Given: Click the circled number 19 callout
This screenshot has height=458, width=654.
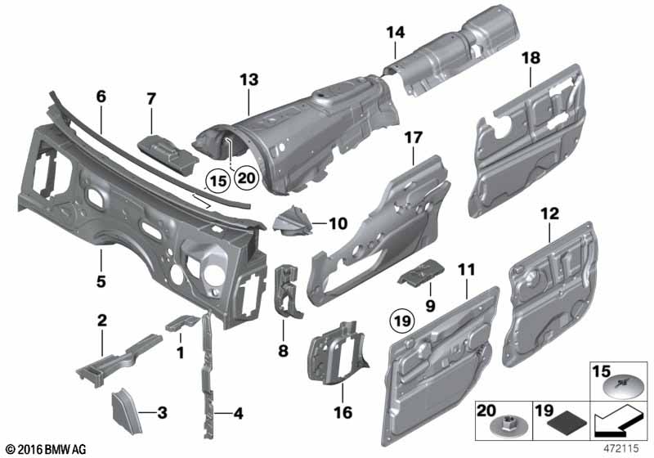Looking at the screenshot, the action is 402,321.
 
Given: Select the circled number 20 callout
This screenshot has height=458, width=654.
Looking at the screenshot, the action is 247,177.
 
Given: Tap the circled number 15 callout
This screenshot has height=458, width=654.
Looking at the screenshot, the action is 218,181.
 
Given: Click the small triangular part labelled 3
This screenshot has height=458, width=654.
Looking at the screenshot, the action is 127,411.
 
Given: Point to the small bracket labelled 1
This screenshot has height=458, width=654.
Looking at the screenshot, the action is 182,322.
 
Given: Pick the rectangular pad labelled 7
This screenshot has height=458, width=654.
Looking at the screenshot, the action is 168,154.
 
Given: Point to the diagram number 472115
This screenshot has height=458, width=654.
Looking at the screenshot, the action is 621,448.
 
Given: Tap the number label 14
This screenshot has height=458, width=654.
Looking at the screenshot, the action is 396,32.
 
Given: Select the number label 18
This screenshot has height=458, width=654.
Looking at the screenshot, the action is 531,57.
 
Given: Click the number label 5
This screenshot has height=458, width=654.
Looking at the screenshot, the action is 101,281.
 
